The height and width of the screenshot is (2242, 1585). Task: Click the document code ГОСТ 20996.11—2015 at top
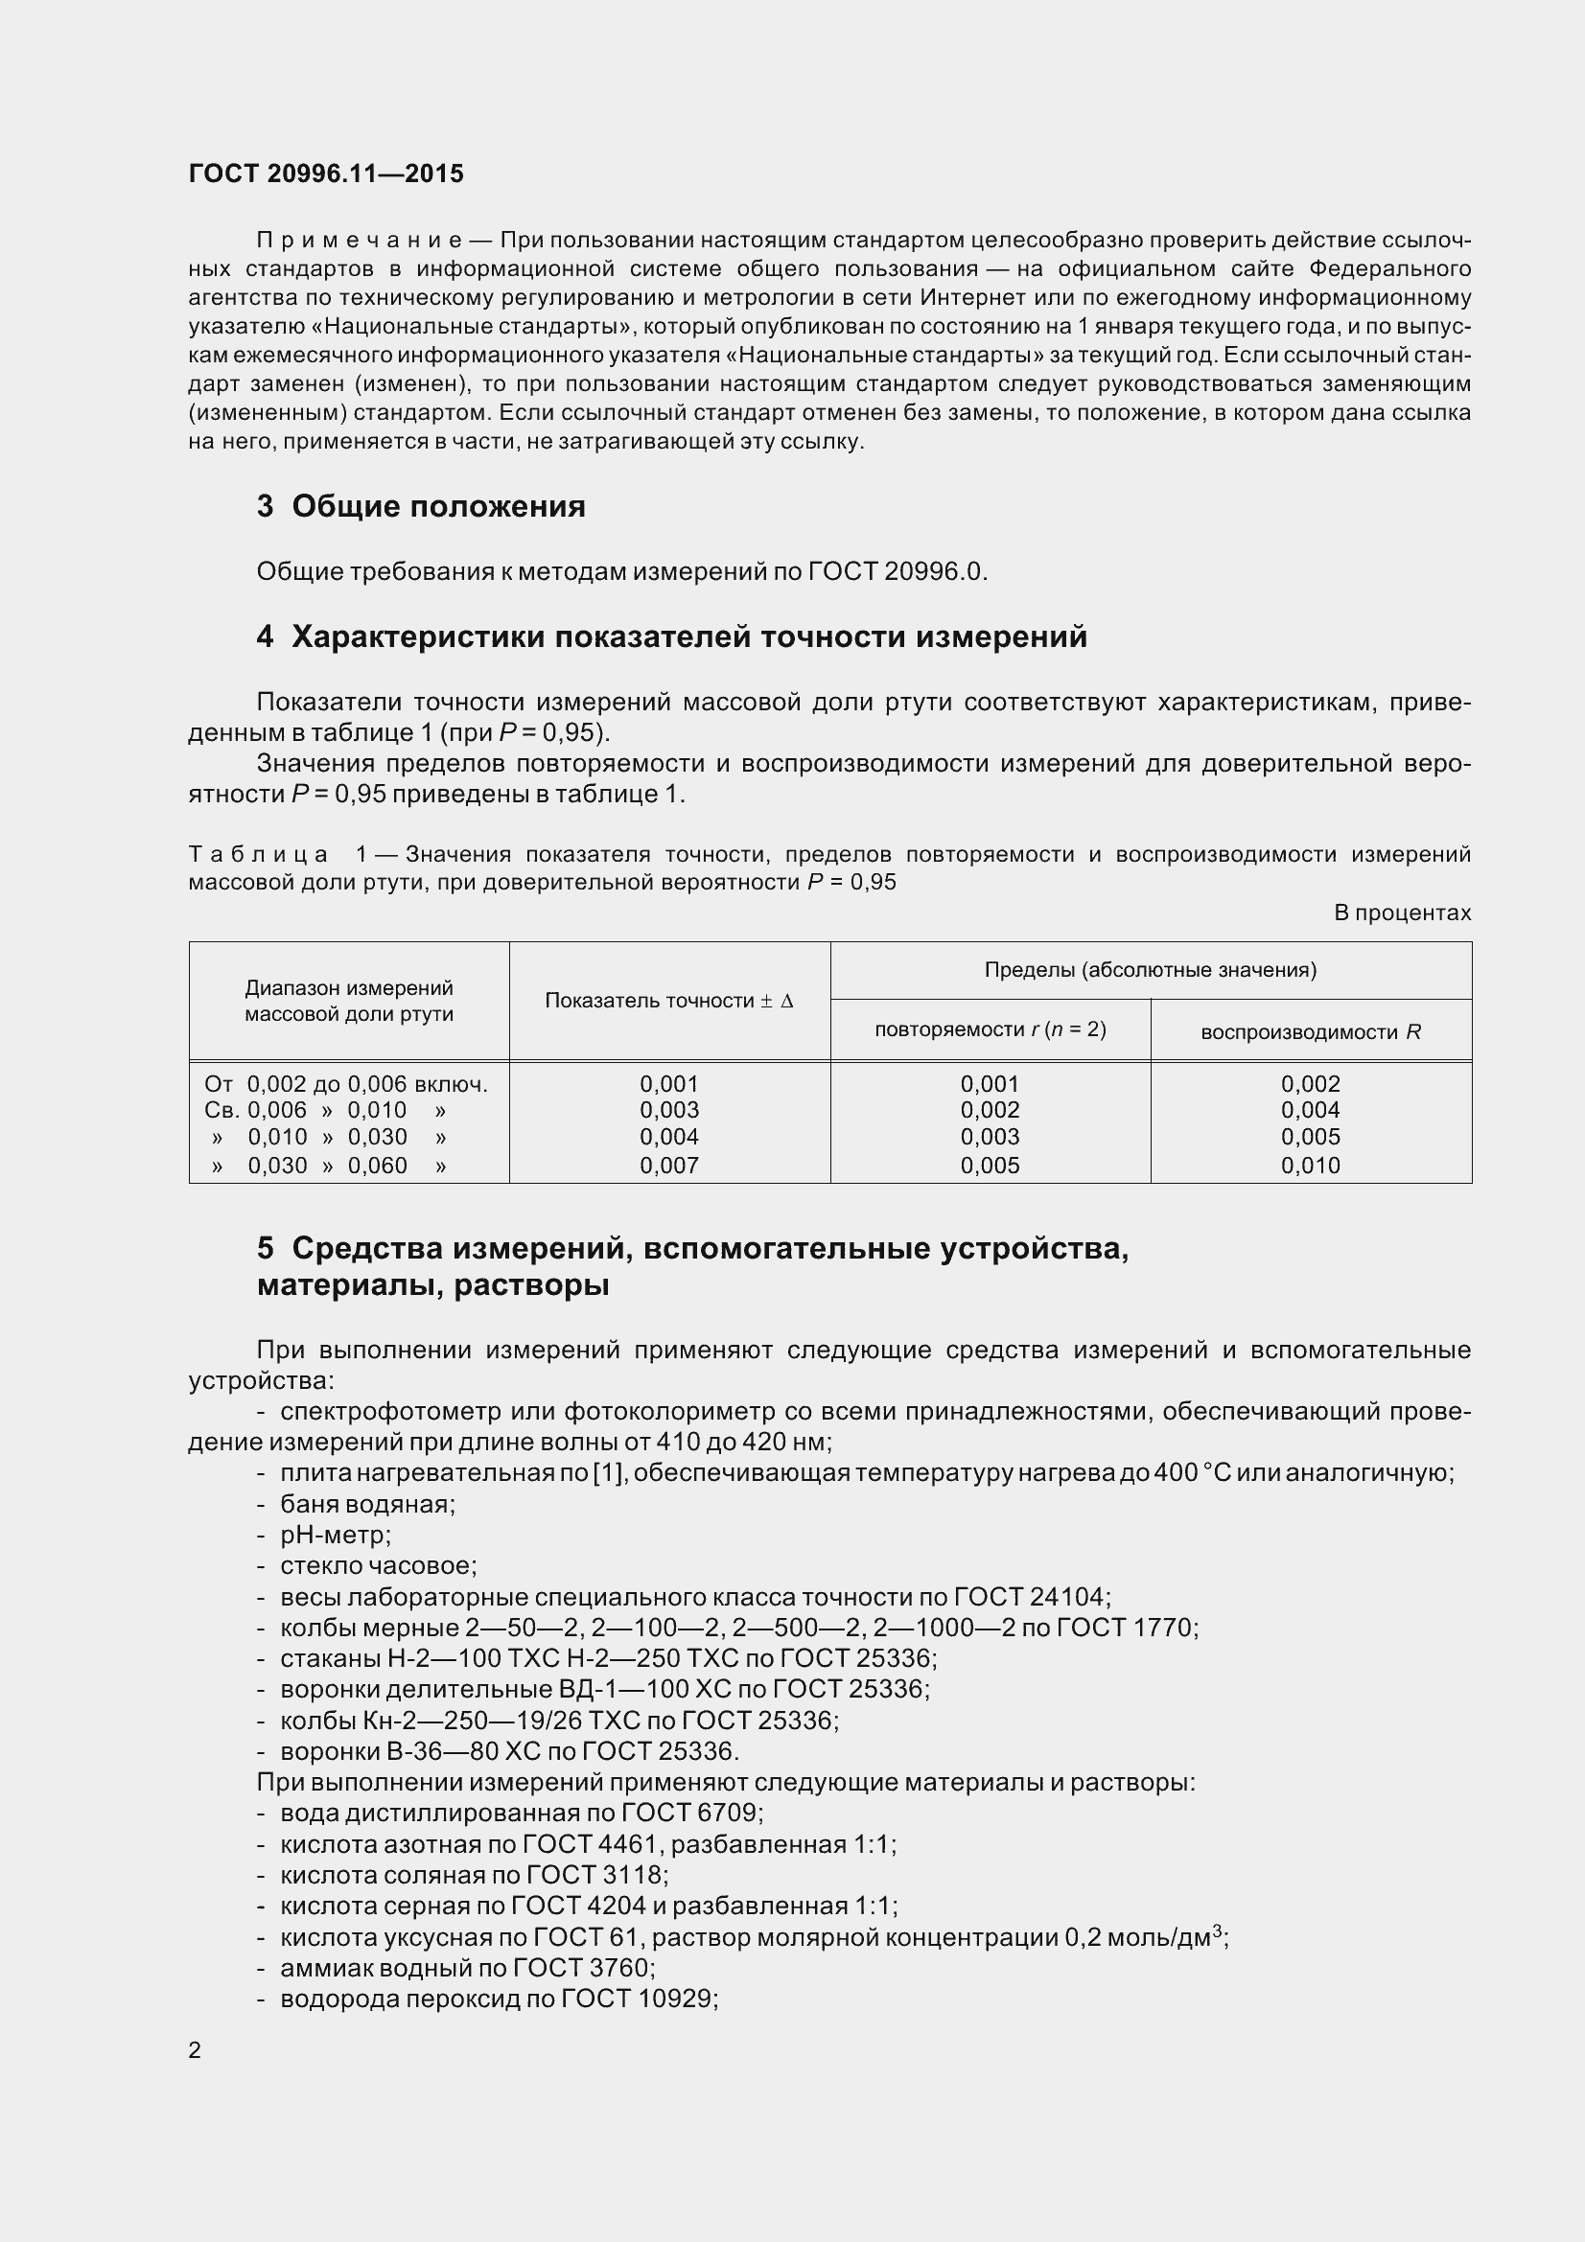(325, 173)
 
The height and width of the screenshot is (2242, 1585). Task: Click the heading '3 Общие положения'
(421, 506)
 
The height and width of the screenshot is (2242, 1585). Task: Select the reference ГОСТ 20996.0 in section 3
(897, 571)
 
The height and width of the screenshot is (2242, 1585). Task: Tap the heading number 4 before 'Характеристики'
(265, 636)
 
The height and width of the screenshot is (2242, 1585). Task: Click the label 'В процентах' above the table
(1402, 913)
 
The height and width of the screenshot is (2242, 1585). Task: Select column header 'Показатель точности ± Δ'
(669, 1001)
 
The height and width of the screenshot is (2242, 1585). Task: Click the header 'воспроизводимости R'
(1310, 1032)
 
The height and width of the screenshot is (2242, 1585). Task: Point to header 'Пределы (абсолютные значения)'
(1150, 970)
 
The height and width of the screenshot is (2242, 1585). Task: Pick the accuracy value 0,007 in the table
(669, 1165)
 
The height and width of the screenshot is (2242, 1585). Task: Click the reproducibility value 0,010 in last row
(1310, 1165)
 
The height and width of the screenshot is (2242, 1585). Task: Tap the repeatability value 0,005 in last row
(990, 1165)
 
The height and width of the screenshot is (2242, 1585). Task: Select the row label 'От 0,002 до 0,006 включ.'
(346, 1084)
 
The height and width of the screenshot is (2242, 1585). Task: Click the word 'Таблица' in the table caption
(259, 854)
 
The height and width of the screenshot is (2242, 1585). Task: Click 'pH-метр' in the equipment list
(335, 1535)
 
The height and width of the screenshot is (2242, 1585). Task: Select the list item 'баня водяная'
(367, 1504)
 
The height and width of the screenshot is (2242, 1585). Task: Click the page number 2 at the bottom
(195, 2050)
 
